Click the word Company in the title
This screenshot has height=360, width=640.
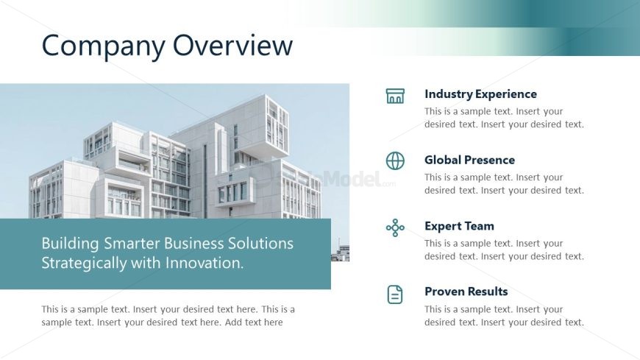[103, 46]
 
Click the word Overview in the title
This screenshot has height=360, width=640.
[232, 45]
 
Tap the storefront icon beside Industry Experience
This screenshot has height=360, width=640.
[395, 96]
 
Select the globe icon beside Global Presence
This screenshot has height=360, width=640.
[395, 160]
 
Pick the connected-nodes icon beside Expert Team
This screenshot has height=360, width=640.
[395, 227]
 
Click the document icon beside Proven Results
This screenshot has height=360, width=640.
[395, 294]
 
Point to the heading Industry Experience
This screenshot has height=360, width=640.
[480, 94]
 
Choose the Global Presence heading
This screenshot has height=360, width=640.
[469, 160]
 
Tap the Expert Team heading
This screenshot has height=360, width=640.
[459, 226]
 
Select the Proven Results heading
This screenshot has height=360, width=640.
[466, 292]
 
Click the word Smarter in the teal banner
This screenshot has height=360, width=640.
[132, 243]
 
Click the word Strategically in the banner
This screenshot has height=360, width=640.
[84, 264]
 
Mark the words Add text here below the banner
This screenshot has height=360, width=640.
[254, 322]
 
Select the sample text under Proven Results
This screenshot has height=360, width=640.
[504, 316]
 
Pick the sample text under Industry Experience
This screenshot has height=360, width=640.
[504, 118]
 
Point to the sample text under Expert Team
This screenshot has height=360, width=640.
[504, 250]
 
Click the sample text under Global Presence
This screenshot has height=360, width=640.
[504, 183]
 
